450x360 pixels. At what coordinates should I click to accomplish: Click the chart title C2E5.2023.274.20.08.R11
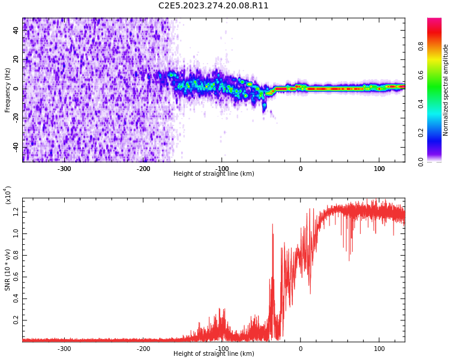tap(214, 6)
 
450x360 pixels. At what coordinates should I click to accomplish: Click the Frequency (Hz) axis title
tap(8, 90)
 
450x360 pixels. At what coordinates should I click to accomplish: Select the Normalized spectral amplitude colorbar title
tap(446, 90)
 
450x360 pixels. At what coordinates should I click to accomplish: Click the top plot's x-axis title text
tap(214, 174)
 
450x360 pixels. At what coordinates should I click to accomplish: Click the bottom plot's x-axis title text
tap(214, 354)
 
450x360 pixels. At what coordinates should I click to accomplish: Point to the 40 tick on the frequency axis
tap(16, 31)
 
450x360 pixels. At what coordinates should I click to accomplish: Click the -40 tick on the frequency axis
tap(15, 147)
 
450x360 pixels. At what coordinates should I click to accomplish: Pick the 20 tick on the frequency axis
tap(16, 60)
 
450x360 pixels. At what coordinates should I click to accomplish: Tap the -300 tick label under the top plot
tap(64, 169)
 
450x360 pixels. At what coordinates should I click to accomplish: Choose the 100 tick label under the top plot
tap(379, 169)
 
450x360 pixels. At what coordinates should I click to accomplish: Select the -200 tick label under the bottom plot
tap(143, 349)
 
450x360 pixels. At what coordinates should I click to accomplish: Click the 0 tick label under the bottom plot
tap(301, 349)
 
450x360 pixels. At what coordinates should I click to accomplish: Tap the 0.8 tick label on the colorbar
tap(421, 45)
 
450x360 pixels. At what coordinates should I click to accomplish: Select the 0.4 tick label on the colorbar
tap(421, 104)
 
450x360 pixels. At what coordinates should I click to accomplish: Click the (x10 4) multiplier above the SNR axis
tap(8, 195)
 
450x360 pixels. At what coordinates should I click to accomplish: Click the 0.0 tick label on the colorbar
tap(421, 161)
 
